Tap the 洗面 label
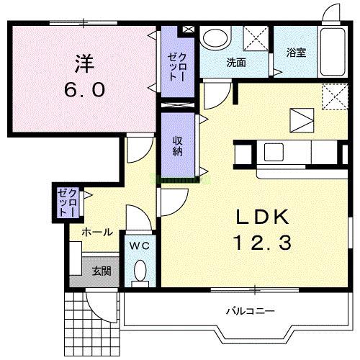click(x=236, y=63)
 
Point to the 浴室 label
click(x=295, y=52)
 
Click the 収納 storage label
click(x=177, y=145)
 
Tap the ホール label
click(x=96, y=232)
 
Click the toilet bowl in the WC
click(x=140, y=273)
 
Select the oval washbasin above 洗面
click(x=214, y=39)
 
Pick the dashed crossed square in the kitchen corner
click(x=334, y=96)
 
